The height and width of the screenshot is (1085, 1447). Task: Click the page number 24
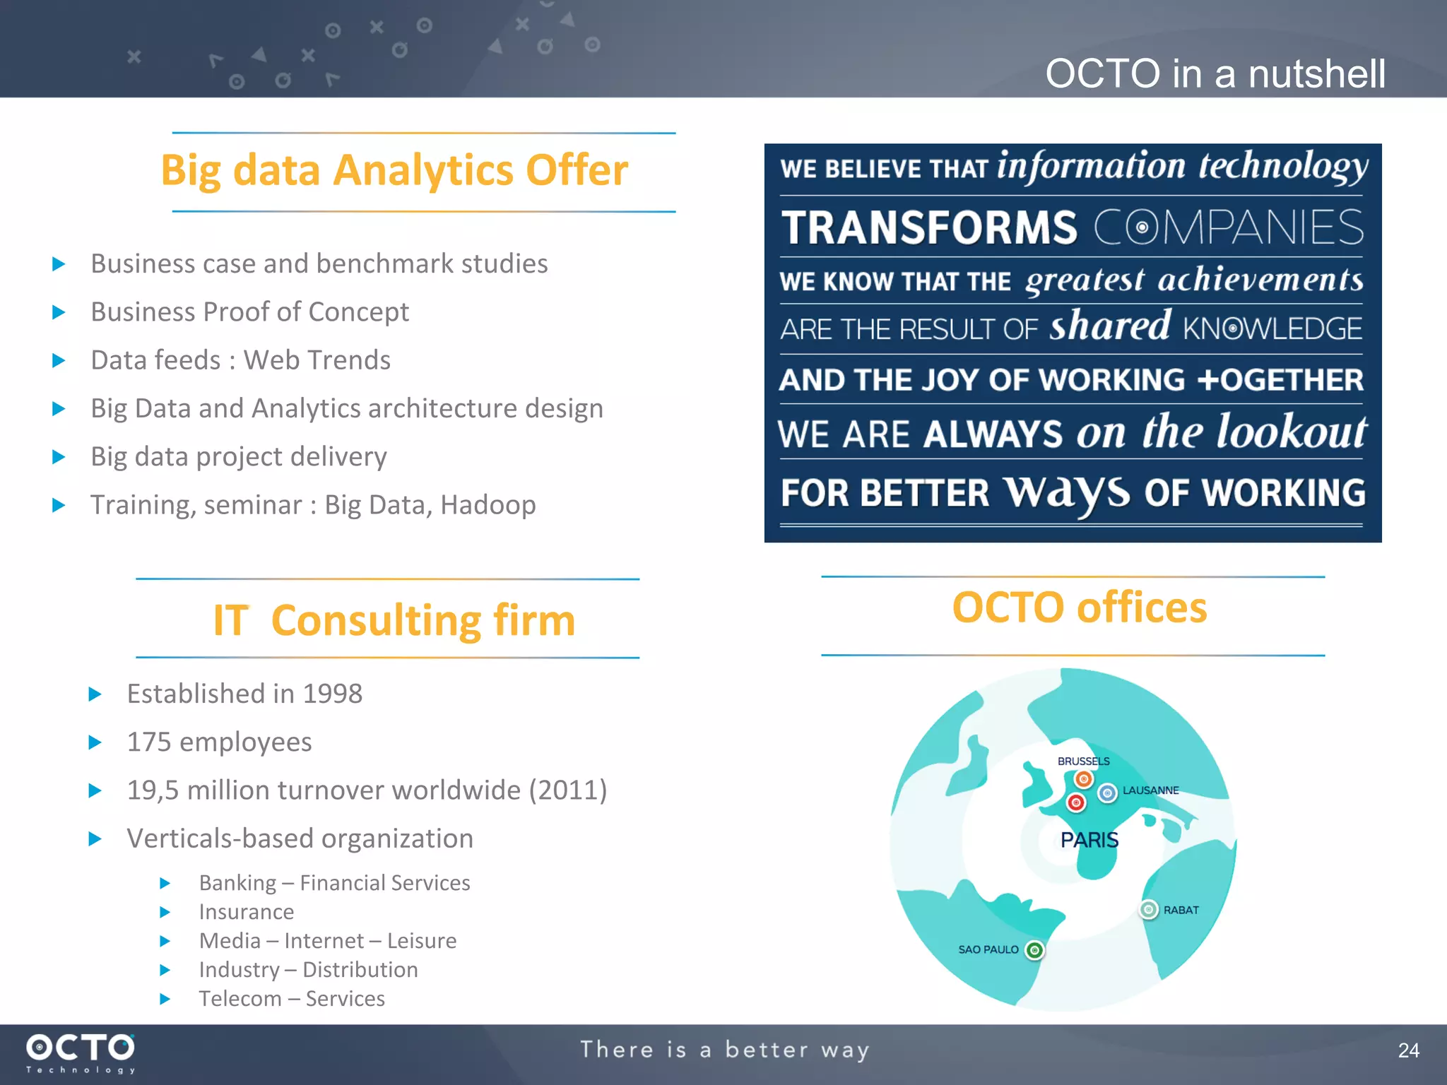1408,1050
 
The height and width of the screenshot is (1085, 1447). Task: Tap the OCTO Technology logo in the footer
81,1053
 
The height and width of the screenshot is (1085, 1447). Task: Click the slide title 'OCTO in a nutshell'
1215,73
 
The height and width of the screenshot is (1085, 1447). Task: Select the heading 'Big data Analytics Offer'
394,170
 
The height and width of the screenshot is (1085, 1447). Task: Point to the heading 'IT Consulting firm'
394,620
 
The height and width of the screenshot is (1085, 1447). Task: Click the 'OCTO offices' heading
1079,607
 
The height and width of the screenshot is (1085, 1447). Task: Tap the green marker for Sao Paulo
1034,950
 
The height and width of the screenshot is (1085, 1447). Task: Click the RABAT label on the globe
1181,910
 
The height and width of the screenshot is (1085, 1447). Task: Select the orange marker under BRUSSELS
1083,779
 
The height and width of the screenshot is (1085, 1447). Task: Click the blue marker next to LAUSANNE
1107,793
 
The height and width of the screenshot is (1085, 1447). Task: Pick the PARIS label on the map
1089,840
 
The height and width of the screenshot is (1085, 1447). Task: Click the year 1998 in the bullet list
332,694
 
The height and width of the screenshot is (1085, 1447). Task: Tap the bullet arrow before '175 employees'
95,742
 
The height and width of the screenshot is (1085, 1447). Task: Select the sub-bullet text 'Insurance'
246,912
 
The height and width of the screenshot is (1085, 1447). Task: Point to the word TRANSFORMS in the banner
929,227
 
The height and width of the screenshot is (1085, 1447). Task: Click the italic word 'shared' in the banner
1110,326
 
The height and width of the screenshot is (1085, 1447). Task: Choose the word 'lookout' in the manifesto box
1291,432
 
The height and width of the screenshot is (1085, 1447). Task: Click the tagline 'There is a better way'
724,1050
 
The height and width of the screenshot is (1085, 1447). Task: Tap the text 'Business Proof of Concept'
249,312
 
